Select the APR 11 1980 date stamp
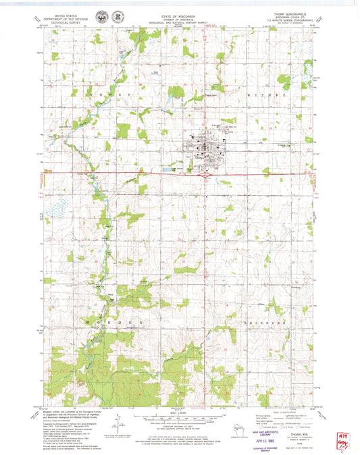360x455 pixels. [265, 428]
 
